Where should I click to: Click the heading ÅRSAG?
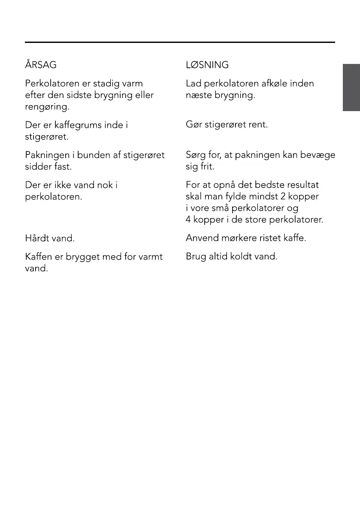coord(41,65)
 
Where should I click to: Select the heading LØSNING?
coord(207,65)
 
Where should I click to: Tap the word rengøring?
coord(47,107)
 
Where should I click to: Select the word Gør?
coord(193,125)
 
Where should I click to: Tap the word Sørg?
coord(196,155)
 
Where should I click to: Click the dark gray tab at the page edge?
coord(351,88)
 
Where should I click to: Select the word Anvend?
coord(201,238)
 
